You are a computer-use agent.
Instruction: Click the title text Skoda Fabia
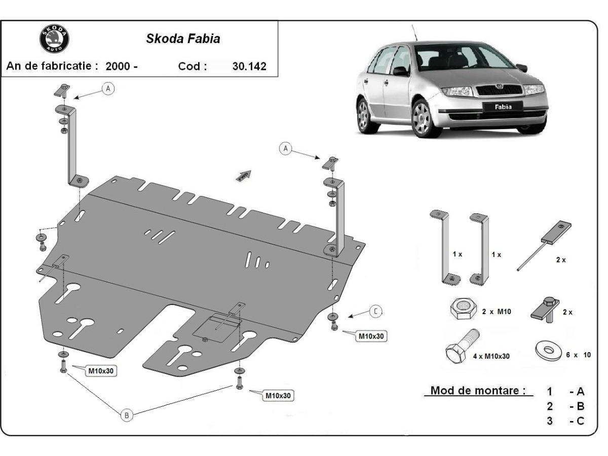point(183,39)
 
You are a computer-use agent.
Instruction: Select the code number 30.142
point(249,66)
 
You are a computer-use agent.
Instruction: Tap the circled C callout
point(375,311)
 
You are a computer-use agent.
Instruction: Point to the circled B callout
point(127,415)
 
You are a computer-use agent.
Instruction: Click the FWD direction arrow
point(243,175)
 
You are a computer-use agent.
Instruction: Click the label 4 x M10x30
point(491,356)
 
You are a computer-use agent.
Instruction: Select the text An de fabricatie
point(51,66)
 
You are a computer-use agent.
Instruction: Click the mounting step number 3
point(550,421)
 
